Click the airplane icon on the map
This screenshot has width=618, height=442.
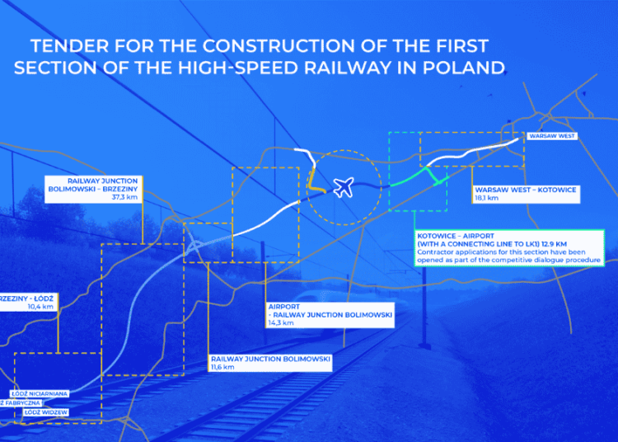344,187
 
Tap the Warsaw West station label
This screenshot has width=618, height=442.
551,135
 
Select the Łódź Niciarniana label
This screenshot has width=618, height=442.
39,393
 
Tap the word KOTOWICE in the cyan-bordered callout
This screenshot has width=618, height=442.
443,235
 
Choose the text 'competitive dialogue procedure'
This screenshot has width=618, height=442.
541,260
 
